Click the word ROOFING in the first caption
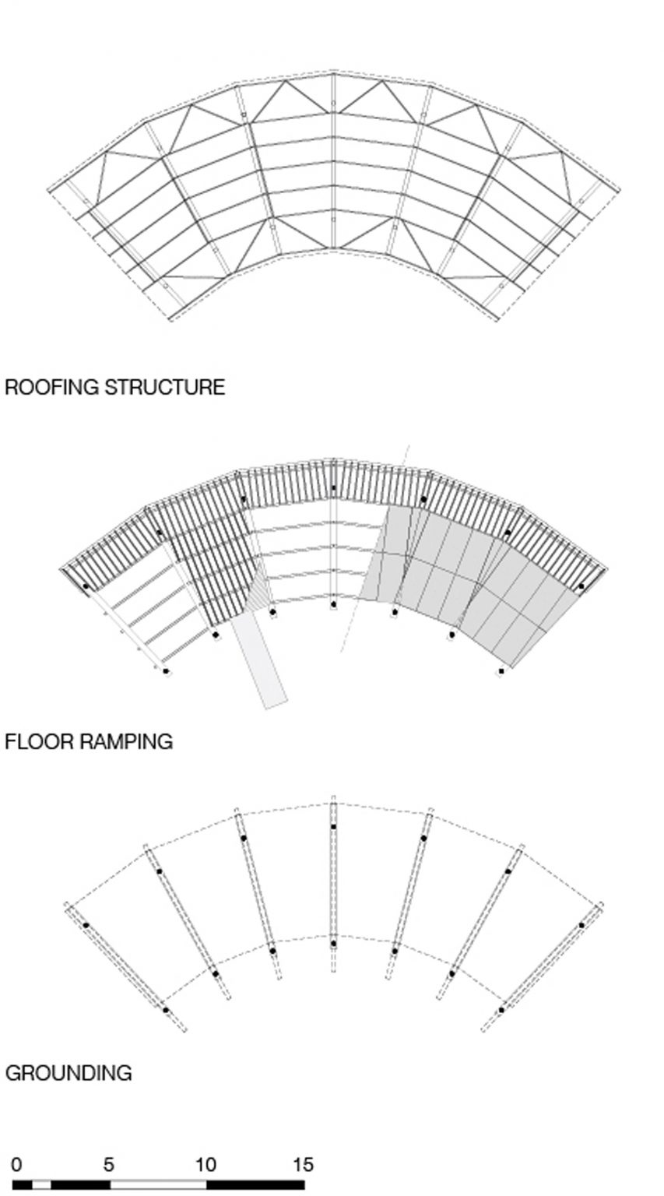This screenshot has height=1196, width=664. tap(52, 387)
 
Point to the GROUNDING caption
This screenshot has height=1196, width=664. tap(69, 1073)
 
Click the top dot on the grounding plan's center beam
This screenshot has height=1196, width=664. tap(334, 826)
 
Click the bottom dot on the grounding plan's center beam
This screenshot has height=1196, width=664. tap(334, 944)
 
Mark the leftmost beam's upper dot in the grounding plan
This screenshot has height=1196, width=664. tap(86, 925)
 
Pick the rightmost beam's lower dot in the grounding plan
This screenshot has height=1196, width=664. tap(501, 1010)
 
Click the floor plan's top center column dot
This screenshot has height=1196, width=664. tap(334, 488)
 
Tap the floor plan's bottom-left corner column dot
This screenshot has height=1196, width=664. tap(166, 671)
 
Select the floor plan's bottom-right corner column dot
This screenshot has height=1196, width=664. tap(501, 671)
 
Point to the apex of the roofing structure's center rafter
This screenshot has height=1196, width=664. tap(334, 72)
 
